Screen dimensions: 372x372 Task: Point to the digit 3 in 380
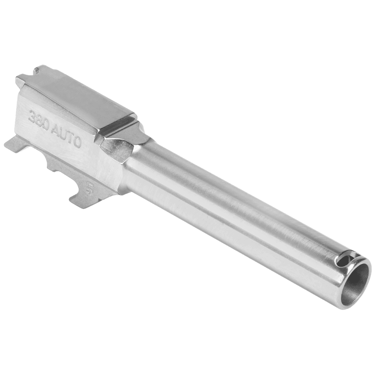pos(32,116)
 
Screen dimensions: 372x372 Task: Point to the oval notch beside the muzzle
pos(346,260)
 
